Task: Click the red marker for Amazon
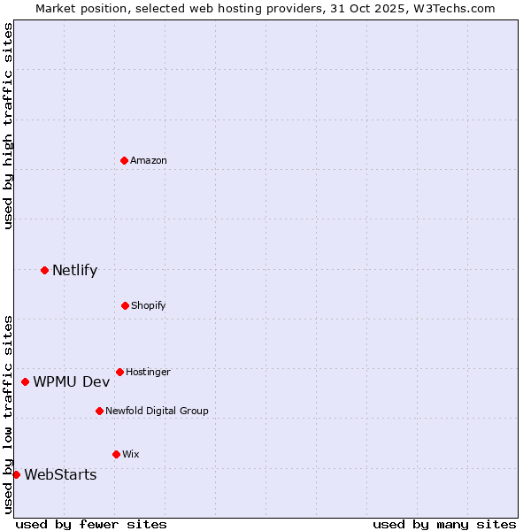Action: coord(125,160)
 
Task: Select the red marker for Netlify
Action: coord(44,270)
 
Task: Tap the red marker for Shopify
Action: coord(125,305)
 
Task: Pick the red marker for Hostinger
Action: coord(119,372)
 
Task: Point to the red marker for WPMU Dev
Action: coord(25,381)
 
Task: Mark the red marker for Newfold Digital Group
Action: coord(99,411)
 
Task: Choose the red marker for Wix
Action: coord(116,454)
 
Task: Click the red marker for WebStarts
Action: coord(16,474)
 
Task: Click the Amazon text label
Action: coord(149,160)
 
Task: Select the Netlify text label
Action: coord(74,270)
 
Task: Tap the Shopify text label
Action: coord(149,305)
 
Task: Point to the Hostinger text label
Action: coord(148,372)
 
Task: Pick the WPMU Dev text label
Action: coord(72,381)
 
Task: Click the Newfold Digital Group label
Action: coord(157,411)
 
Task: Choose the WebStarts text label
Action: coord(60,474)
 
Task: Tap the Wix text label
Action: coord(130,454)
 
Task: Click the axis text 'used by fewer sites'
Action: coord(91,524)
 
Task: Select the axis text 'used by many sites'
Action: coord(444,524)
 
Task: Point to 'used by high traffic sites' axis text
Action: coord(8,126)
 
